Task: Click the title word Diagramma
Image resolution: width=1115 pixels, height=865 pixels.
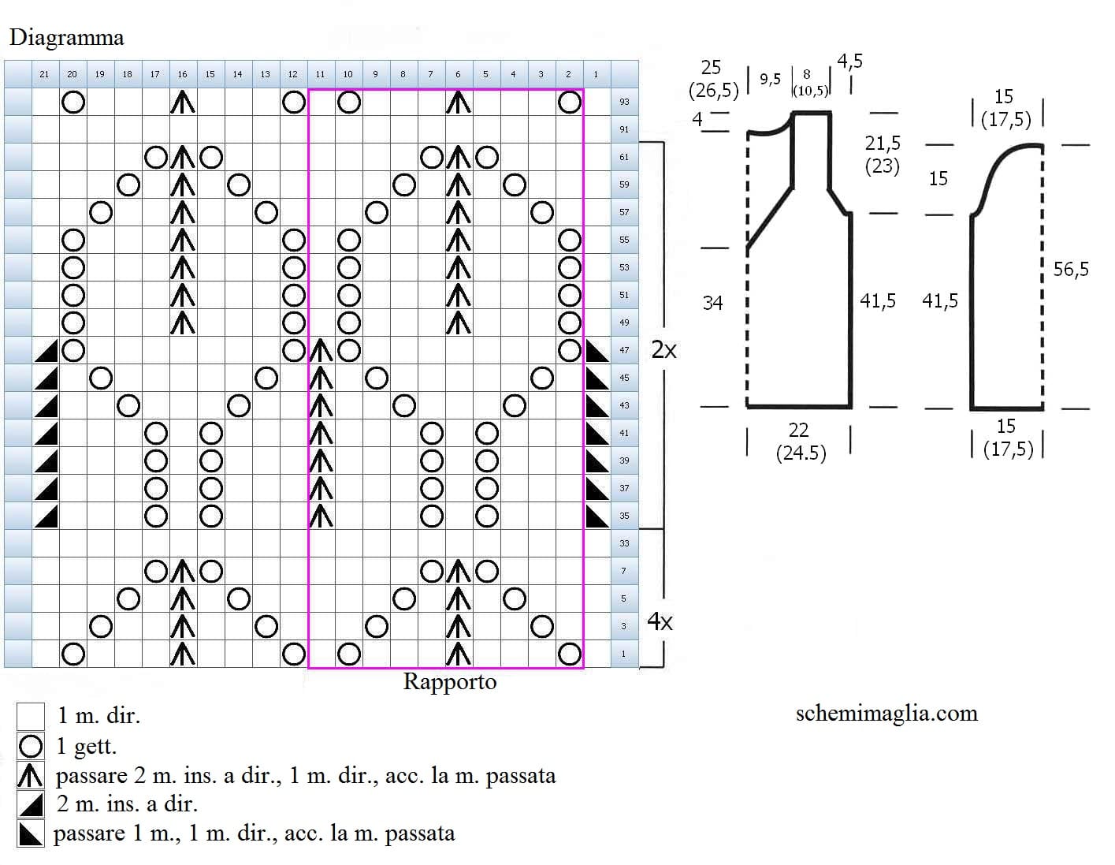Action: (x=67, y=39)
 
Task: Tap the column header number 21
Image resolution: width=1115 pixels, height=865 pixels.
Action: (x=44, y=74)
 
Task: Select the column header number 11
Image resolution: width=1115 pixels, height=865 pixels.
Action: (x=320, y=74)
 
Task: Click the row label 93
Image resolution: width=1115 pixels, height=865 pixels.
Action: (x=624, y=102)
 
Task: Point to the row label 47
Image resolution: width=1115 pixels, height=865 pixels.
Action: (x=624, y=350)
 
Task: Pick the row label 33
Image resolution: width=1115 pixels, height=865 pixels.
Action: (x=624, y=543)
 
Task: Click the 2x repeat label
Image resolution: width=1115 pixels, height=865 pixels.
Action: (x=664, y=350)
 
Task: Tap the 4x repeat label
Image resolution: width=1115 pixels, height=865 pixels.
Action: (x=660, y=621)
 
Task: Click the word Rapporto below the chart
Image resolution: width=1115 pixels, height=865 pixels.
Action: (x=449, y=682)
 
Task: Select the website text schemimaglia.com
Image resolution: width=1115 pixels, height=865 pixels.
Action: (x=886, y=713)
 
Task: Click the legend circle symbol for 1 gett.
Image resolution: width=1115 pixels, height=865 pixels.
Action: (x=30, y=747)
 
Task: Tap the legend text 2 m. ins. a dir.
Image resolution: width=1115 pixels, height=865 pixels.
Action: (x=127, y=804)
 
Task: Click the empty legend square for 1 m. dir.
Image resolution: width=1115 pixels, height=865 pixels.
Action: (x=30, y=716)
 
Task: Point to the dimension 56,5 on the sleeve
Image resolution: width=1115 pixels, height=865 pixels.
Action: (x=1071, y=269)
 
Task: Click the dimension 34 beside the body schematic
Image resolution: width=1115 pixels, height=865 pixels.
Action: (x=712, y=303)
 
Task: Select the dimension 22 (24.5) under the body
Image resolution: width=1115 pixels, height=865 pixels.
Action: (x=801, y=442)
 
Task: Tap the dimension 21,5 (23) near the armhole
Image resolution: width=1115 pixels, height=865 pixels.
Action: (x=883, y=155)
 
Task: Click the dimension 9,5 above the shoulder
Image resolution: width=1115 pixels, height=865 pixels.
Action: (x=770, y=79)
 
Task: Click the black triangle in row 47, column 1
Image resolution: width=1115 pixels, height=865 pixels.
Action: (x=597, y=351)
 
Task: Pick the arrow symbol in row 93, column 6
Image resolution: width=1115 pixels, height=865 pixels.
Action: (x=458, y=102)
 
